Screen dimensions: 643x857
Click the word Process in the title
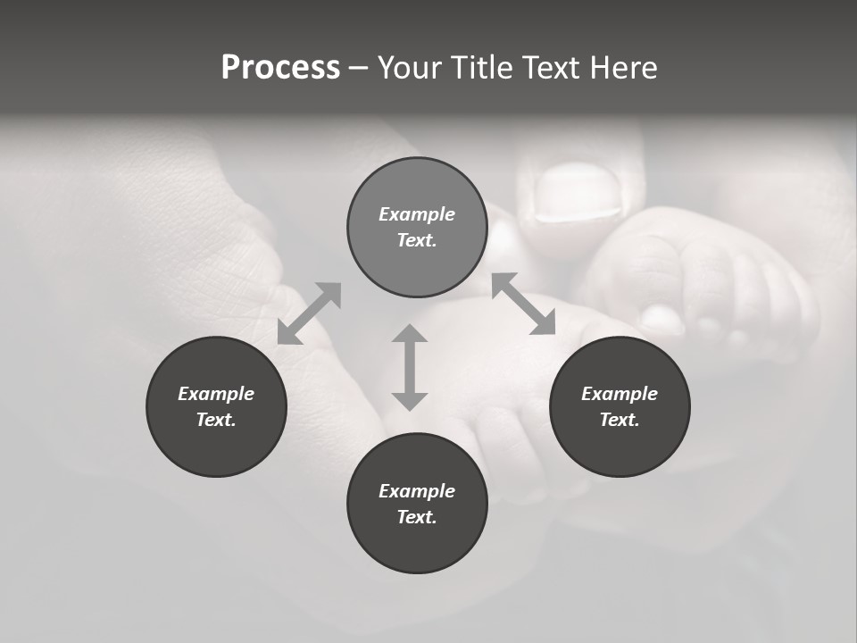[x=280, y=68]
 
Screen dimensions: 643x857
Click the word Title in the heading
[x=482, y=68]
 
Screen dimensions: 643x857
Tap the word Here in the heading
[x=621, y=68]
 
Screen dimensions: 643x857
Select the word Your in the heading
[x=411, y=68]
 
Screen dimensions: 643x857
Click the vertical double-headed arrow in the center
[x=410, y=367]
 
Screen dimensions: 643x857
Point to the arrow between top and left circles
[x=309, y=313]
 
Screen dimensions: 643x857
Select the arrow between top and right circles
[x=524, y=304]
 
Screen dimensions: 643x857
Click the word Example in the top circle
[x=417, y=214]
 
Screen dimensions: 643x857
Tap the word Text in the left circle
[x=216, y=420]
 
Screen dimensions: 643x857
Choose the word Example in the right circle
[x=620, y=394]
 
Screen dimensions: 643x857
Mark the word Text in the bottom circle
[x=416, y=517]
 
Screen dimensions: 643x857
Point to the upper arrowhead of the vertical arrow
[x=410, y=334]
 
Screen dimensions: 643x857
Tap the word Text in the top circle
[x=416, y=240]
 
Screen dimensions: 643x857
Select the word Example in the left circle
[x=216, y=394]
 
